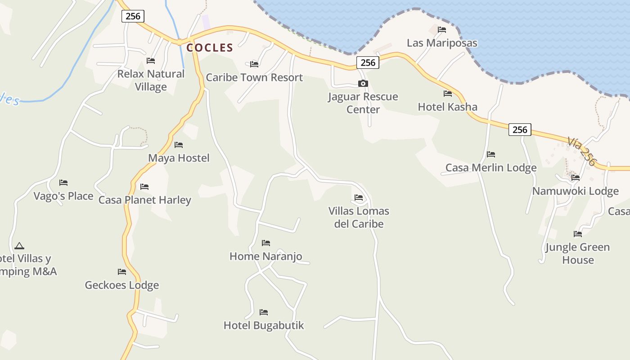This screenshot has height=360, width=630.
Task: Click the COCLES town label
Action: pos(210,48)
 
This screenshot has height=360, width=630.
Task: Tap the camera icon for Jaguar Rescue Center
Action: pos(363,83)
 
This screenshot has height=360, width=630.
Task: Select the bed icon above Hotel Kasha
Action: pos(448,94)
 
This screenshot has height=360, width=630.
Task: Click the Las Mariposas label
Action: pos(442,43)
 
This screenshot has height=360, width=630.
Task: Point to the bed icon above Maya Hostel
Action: pos(179,145)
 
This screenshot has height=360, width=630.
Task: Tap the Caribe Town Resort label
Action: pos(254,77)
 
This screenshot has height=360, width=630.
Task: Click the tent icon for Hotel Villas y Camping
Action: pos(19,246)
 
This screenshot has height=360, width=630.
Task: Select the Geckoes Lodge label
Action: pos(122,285)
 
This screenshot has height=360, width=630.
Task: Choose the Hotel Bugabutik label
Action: pos(264,325)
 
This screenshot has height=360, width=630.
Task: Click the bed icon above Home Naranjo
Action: pos(266,243)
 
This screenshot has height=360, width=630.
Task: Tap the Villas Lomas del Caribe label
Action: pos(359,217)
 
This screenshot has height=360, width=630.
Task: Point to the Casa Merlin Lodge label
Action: pos(491,168)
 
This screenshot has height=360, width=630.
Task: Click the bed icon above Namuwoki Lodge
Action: pos(576,178)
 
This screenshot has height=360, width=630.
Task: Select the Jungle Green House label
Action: pos(578,253)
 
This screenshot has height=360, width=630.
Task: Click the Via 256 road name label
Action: pos(581,152)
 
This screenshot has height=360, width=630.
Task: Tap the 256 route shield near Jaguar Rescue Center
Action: pos(368,63)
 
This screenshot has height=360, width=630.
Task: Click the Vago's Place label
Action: pos(63,196)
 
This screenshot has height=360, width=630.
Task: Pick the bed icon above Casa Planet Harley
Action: pos(144,187)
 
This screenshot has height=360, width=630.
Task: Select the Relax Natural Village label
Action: pos(151,80)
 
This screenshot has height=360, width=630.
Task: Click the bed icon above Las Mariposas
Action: pos(442,30)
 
